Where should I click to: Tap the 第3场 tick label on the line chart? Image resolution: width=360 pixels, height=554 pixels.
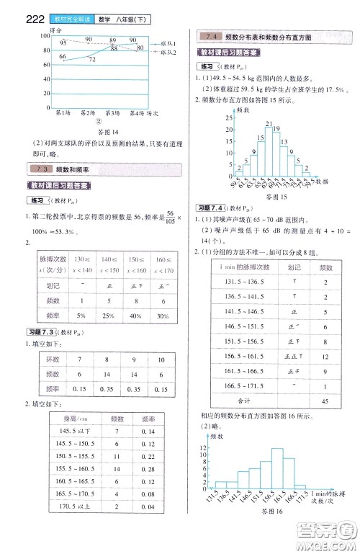tap(112, 113)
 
